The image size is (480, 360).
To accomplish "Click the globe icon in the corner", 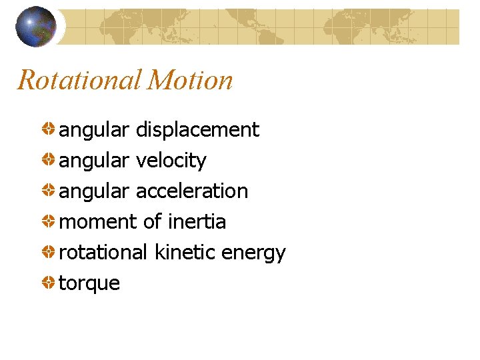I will click(x=35, y=26).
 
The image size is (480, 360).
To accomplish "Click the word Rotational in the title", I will click(x=79, y=81).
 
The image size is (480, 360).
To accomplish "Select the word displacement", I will click(x=197, y=130).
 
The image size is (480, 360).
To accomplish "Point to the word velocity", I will click(x=171, y=161).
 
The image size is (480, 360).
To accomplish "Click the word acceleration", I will click(x=191, y=191).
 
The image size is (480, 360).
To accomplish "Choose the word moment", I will click(x=99, y=222).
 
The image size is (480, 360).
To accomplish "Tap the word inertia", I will click(x=197, y=222).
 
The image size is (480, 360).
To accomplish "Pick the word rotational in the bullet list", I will click(x=103, y=253).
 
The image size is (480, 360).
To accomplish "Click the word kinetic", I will click(x=184, y=253).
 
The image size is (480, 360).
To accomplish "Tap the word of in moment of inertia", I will click(x=153, y=222).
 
